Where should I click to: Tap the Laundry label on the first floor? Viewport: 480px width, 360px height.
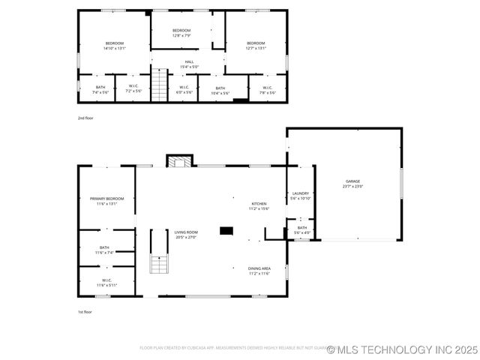point(300,194)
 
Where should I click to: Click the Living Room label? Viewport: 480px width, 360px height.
point(187,232)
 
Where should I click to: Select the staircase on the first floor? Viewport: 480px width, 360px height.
point(158,264)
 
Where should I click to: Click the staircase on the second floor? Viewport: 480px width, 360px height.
point(160,84)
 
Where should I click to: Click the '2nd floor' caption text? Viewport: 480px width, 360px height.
point(85,118)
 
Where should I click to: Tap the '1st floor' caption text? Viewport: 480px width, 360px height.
point(85,311)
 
